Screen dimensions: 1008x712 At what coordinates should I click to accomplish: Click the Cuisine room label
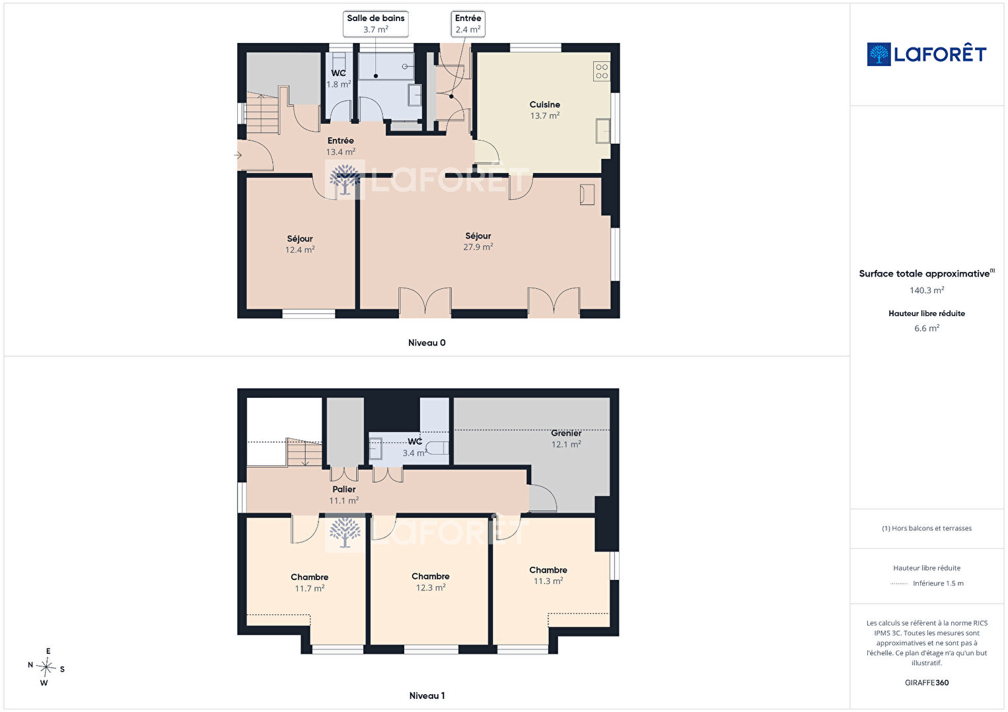pyautogui.click(x=544, y=105)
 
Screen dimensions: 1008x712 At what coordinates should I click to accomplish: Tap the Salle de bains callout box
pyautogui.click(x=376, y=24)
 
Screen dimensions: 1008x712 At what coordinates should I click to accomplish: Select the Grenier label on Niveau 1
pyautogui.click(x=566, y=434)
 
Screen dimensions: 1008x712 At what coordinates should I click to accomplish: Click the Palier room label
pyautogui.click(x=343, y=490)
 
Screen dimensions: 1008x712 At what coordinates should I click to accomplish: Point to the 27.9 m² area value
pyautogui.click(x=478, y=247)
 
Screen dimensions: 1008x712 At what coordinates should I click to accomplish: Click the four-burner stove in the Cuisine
pyautogui.click(x=602, y=71)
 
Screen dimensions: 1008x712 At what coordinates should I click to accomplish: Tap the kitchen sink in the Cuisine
pyautogui.click(x=603, y=131)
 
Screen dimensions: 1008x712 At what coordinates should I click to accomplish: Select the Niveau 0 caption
pyautogui.click(x=427, y=343)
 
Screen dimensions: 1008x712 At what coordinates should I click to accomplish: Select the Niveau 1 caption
pyautogui.click(x=427, y=696)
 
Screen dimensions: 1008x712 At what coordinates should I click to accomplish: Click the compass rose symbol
pyautogui.click(x=46, y=668)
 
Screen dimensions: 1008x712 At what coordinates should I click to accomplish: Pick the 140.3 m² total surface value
pyautogui.click(x=927, y=290)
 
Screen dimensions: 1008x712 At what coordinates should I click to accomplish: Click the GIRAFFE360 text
pyautogui.click(x=927, y=683)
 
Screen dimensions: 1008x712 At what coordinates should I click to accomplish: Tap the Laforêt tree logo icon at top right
pyautogui.click(x=879, y=54)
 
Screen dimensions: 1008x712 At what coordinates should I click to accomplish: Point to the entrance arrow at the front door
pyautogui.click(x=238, y=156)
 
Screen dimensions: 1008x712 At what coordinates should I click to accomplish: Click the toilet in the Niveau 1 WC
pyautogui.click(x=437, y=448)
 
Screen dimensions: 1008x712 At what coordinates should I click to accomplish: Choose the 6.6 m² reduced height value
pyautogui.click(x=927, y=329)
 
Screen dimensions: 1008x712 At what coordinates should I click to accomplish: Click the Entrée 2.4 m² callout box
pyautogui.click(x=468, y=24)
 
